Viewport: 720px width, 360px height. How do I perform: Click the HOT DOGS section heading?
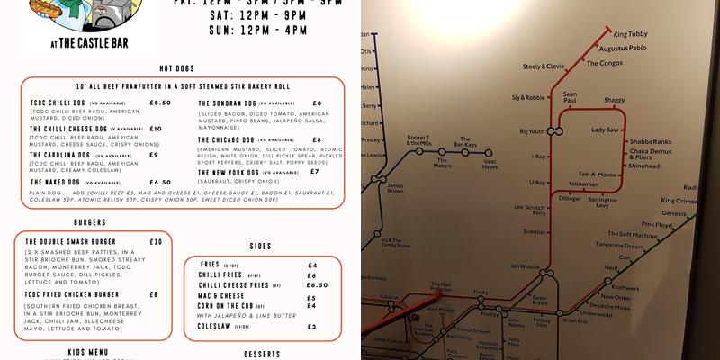(178, 68)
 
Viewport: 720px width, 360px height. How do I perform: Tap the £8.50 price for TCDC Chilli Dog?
(160, 103)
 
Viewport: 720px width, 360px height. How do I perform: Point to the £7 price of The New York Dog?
(314, 171)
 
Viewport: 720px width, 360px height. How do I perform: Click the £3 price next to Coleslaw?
(311, 326)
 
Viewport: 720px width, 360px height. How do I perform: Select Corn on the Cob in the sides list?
(230, 306)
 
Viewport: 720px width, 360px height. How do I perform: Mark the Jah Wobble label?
(525, 266)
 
